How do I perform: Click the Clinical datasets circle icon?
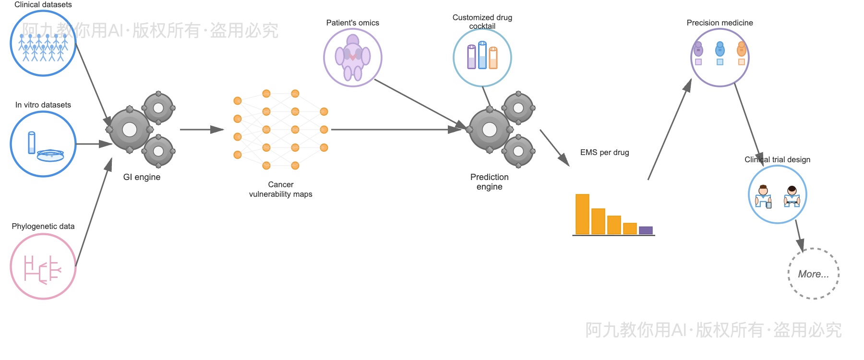point(43,43)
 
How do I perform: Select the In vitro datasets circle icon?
point(43,144)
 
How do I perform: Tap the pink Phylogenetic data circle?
point(43,266)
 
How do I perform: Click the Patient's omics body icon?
point(353,58)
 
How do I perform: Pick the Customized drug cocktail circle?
point(482,58)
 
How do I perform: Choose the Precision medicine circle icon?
point(720,58)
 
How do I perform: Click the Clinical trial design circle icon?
point(778,194)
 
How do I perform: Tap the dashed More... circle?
point(814,274)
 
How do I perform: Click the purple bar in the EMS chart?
point(646,230)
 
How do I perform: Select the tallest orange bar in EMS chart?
point(582,214)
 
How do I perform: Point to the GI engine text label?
point(142,177)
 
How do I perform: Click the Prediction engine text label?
point(490,182)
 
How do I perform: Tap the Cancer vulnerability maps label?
point(281,189)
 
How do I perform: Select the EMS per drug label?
point(604,152)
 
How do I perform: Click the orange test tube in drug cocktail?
point(493,58)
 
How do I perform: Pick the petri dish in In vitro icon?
point(50,155)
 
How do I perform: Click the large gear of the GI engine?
point(130,130)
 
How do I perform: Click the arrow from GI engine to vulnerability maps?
point(202,130)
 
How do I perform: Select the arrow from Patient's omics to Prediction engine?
point(418,103)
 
